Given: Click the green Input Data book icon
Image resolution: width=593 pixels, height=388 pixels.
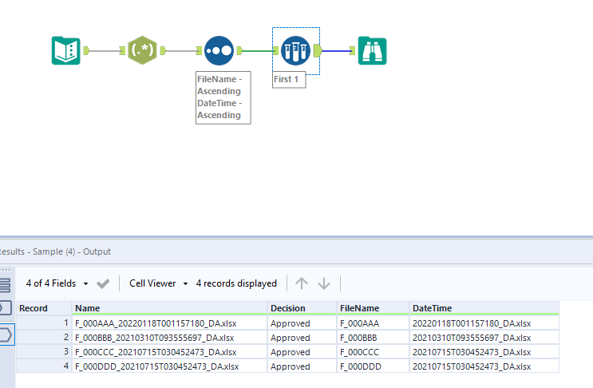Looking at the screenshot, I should tap(66, 50).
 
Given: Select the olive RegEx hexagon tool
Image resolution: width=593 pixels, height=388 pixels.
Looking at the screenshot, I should tap(142, 50).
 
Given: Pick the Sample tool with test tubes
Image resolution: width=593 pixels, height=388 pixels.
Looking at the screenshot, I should tap(295, 50).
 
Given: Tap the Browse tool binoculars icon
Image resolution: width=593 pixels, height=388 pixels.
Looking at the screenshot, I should tap(372, 50).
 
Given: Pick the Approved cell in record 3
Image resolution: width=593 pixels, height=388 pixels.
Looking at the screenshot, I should tap(291, 352).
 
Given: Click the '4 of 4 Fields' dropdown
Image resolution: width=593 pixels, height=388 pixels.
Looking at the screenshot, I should tap(56, 283).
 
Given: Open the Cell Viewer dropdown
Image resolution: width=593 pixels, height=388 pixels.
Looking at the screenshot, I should tap(159, 283).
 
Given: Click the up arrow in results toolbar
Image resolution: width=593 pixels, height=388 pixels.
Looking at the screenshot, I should tap(301, 283).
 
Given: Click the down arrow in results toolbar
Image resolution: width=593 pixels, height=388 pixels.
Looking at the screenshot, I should tap(324, 283).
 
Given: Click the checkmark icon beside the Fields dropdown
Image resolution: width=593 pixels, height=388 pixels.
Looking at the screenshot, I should tap(103, 283).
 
